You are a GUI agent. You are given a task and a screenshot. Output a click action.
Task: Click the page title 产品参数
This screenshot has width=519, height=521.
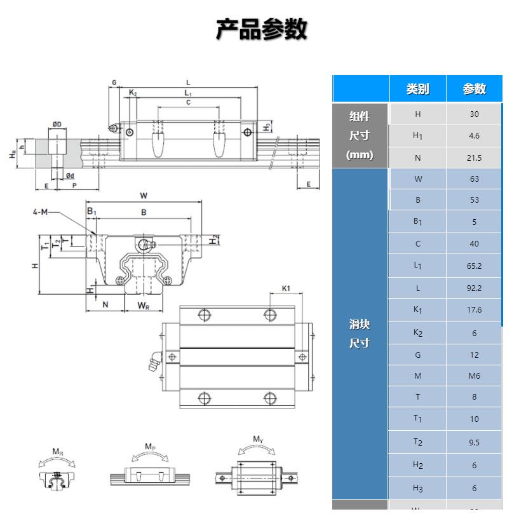pyautogui.click(x=261, y=29)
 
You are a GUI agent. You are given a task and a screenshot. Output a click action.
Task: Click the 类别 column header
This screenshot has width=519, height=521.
pyautogui.click(x=417, y=89)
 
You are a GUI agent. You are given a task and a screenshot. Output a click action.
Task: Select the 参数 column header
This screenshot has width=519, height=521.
pyautogui.click(x=474, y=89)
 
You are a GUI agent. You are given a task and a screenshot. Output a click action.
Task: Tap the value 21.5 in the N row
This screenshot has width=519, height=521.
pyautogui.click(x=474, y=158)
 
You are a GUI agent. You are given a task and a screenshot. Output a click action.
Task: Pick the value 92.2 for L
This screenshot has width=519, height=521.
pyautogui.click(x=474, y=288)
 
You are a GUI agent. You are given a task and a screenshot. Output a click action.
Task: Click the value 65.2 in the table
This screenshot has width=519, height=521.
pyautogui.click(x=474, y=266)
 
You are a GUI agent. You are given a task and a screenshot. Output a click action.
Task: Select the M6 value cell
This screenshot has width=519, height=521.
pyautogui.click(x=474, y=376)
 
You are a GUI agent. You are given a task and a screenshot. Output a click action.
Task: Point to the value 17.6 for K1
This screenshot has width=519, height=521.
pyautogui.click(x=474, y=310)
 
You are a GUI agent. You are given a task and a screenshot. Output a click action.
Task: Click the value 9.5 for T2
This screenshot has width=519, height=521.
pyautogui.click(x=474, y=443)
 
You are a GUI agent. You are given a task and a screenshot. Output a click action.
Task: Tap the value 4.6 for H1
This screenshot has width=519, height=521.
pyautogui.click(x=474, y=136)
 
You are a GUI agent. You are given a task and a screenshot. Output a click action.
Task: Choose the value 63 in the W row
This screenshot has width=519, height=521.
pyautogui.click(x=474, y=179)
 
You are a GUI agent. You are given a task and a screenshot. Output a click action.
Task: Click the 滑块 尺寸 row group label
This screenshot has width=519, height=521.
pyautogui.click(x=360, y=334)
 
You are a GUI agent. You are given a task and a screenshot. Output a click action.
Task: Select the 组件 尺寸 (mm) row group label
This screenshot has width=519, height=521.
pyautogui.click(x=360, y=135)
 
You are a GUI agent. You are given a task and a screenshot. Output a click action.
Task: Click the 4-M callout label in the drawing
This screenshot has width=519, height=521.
pyautogui.click(x=40, y=212)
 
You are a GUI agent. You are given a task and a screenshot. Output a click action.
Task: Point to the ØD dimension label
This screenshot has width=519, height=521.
pyautogui.click(x=57, y=124)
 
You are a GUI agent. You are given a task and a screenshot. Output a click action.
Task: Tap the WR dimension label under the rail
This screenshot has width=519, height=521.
pyautogui.click(x=144, y=306)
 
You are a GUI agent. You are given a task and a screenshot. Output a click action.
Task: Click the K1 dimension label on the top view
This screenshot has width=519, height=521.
pyautogui.click(x=286, y=288)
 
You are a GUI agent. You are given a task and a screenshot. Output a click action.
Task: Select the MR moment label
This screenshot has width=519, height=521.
pyautogui.click(x=58, y=452)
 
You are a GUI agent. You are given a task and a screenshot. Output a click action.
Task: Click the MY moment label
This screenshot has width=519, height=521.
pyautogui.click(x=258, y=439)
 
